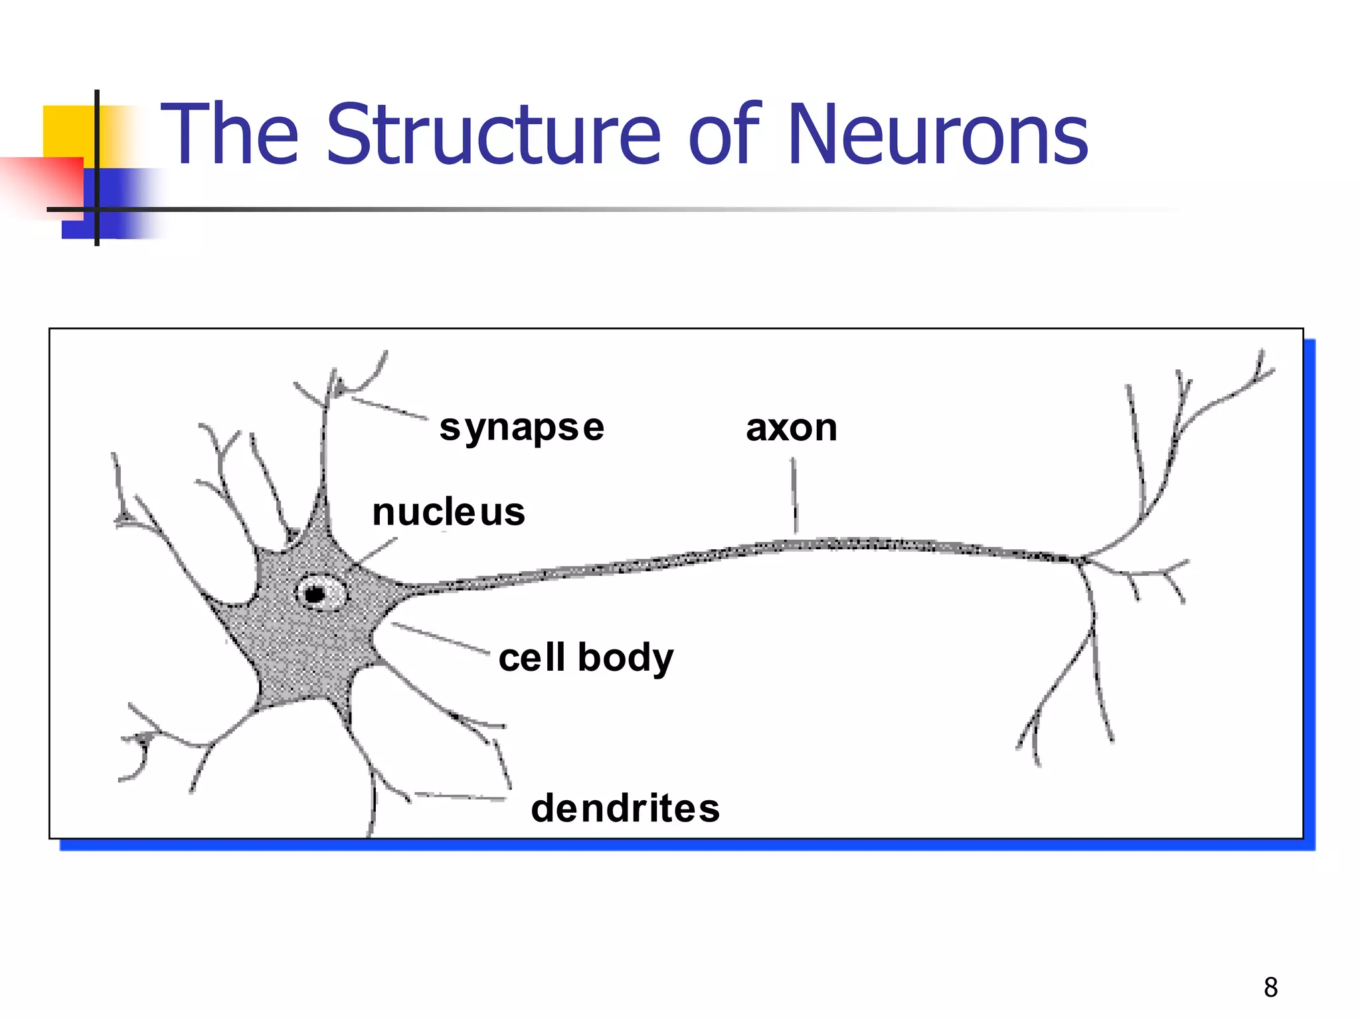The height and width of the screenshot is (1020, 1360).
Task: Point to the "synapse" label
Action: (522, 428)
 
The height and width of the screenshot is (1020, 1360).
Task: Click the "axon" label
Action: (792, 428)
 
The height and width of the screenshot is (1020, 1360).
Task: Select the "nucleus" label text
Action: (449, 513)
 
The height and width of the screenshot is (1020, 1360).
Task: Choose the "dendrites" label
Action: (626, 808)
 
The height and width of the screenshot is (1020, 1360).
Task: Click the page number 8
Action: (1271, 987)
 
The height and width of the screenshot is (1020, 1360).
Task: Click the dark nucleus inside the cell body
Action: (316, 593)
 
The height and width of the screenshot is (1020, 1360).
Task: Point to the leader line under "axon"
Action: (794, 495)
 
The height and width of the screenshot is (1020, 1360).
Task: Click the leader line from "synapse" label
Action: (389, 408)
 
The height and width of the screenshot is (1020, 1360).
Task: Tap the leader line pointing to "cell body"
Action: (440, 637)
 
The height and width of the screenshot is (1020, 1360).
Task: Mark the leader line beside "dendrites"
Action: (460, 796)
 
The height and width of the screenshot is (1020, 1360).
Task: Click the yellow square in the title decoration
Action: (66, 129)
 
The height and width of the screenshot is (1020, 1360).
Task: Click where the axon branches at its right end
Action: (1081, 560)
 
